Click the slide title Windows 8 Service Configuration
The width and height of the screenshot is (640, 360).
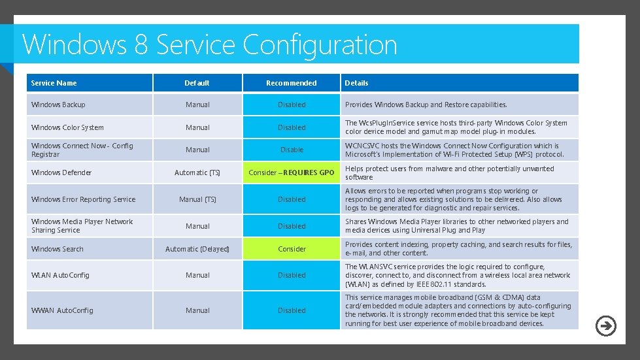pos(210,45)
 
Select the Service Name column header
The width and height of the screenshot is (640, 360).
pos(54,83)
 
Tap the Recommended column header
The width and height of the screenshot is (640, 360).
pos(292,83)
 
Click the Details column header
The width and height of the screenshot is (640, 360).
pos(357,83)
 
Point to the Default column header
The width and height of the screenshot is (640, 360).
pos(197,83)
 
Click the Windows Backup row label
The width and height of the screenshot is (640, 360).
pos(58,105)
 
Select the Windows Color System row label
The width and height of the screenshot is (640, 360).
pos(67,127)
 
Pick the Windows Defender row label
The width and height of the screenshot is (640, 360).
pos(61,172)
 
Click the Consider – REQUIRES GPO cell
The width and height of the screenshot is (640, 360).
pos(292,172)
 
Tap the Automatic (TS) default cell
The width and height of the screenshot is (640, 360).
pos(197,172)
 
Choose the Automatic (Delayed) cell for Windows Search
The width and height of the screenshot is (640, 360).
pos(197,249)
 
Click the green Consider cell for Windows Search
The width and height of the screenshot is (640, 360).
pos(292,249)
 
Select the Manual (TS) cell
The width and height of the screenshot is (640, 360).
pos(197,199)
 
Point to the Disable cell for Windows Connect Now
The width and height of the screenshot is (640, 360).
pos(292,150)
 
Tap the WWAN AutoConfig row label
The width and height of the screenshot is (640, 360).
pos(62,310)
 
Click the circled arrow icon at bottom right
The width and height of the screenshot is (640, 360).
pos(606,325)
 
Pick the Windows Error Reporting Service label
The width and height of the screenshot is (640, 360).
pos(84,199)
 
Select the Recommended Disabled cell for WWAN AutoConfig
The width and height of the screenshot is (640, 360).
pos(292,310)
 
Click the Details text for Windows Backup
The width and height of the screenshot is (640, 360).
pos(426,105)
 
